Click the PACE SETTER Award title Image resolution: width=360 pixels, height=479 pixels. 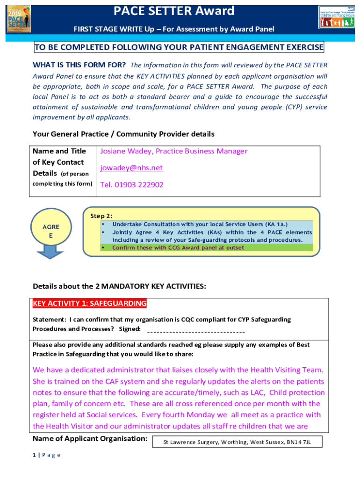point(174,10)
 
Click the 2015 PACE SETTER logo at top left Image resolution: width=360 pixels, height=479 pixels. point(19,19)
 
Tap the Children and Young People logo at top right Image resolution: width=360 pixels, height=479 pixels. point(335,18)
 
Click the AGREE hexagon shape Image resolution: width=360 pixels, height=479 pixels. point(51,231)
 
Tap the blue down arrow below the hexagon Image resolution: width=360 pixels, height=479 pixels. point(51,253)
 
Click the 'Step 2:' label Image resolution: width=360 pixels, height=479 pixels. point(101,216)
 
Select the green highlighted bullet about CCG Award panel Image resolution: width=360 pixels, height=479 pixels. point(178,247)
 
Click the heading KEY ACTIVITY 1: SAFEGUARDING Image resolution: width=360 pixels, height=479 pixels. point(89,304)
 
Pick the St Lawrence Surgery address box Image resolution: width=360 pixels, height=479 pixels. point(237,442)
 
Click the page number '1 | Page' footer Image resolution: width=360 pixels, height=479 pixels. point(47,456)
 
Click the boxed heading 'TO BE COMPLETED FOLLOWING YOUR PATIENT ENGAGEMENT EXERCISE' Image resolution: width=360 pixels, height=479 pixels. point(179,47)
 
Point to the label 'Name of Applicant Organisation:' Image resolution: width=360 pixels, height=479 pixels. point(90,439)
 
